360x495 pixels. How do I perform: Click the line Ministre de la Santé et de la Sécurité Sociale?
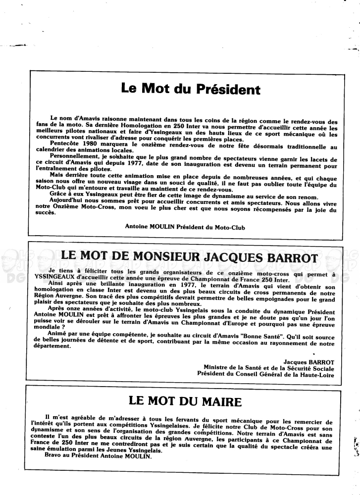[269, 368]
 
